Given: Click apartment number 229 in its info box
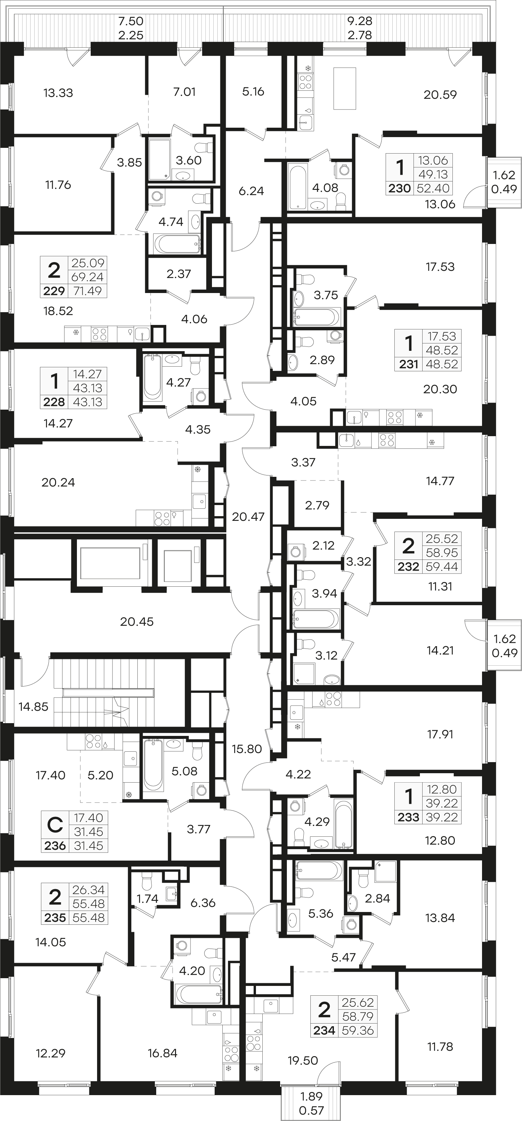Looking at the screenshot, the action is coord(54,291).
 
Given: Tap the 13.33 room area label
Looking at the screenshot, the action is coord(58,93).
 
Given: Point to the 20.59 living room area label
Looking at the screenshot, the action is coord(440,94).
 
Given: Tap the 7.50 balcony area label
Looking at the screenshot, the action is coord(131,21).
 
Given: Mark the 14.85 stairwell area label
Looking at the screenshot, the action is coord(34,706).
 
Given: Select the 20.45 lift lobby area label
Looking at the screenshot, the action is coord(137,621).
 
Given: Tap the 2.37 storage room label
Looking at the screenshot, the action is coord(179,274).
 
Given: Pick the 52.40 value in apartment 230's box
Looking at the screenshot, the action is coord(433,189).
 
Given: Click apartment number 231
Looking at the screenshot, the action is coord(408,364).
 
